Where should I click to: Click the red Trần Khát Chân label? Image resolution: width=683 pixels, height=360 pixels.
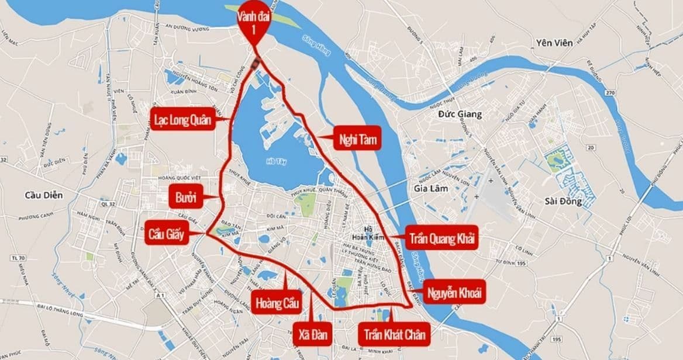pyautogui.click(x=394, y=335)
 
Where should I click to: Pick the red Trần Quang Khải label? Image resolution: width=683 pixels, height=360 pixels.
pyautogui.click(x=442, y=239)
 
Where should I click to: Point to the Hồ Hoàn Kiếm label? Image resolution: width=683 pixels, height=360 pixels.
pyautogui.click(x=368, y=233)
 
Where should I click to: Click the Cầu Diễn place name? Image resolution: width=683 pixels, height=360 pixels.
pyautogui.click(x=43, y=195)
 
